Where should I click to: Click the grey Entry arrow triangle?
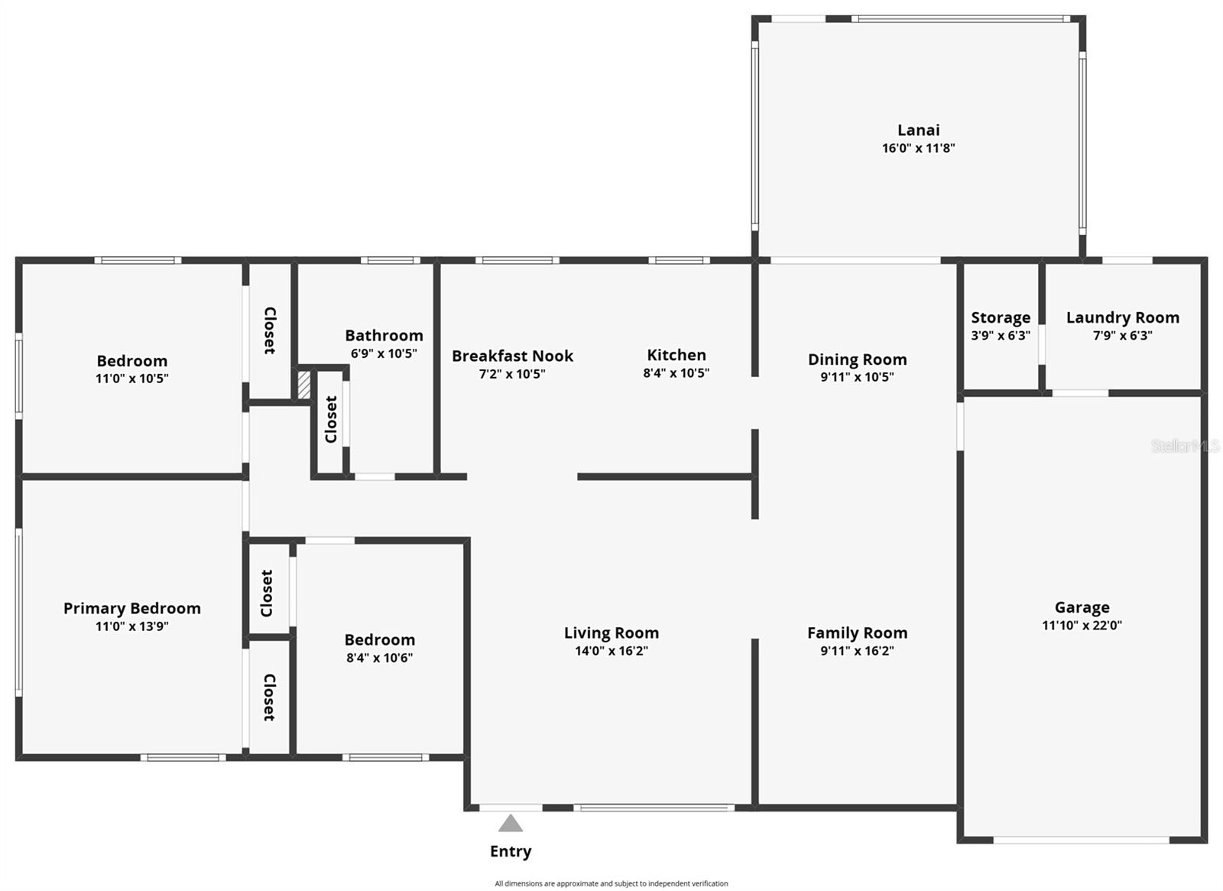tap(510, 824)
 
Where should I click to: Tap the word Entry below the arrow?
tap(510, 851)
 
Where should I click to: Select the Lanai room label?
tap(918, 130)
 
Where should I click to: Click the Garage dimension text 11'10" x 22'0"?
tap(1082, 626)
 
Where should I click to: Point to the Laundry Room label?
tap(1122, 317)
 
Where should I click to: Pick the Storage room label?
tap(1000, 317)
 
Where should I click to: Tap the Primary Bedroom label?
tap(131, 608)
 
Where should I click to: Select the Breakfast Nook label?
tap(512, 356)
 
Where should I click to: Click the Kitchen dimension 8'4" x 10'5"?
tap(676, 373)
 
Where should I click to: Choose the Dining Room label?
tap(857, 359)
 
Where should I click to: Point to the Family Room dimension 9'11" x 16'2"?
tap(857, 651)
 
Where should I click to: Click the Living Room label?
tap(611, 632)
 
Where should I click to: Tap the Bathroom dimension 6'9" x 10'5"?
tap(384, 353)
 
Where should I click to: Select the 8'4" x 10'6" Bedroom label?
tap(379, 640)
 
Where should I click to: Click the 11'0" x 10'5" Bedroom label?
tap(131, 361)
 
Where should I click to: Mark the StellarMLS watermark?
tap(1185, 446)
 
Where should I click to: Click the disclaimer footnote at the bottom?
tap(611, 883)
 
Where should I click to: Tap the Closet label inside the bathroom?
tap(331, 419)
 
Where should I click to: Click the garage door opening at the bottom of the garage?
tap(1081, 840)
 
